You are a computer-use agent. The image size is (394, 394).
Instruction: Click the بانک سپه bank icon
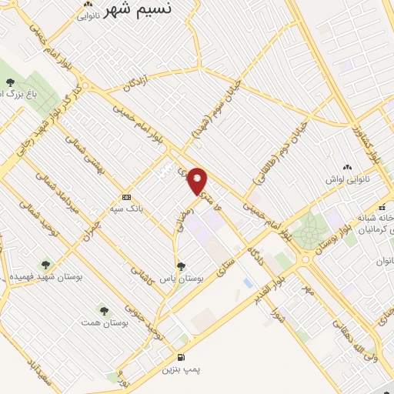[126, 196]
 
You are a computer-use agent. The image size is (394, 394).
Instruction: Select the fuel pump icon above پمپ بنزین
[181, 357]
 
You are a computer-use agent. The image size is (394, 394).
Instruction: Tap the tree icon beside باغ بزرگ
[9, 82]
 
